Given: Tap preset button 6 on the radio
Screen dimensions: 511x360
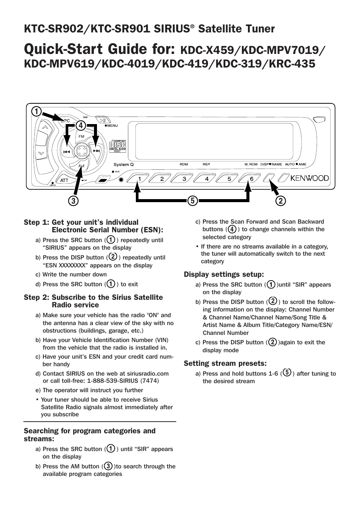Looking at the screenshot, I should click(x=252, y=179).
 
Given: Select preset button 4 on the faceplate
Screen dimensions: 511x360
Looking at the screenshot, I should click(x=207, y=179).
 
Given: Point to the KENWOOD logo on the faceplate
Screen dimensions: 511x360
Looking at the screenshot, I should click(x=309, y=178).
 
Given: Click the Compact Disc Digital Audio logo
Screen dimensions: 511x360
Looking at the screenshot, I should click(x=117, y=146).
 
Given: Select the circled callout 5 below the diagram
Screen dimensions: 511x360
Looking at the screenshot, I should click(x=192, y=201).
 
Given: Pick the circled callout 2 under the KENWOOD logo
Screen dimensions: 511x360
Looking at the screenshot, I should click(x=280, y=201).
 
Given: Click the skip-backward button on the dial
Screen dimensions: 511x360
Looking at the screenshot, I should click(x=67, y=151).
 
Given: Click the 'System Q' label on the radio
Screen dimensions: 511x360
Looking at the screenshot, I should click(x=124, y=164).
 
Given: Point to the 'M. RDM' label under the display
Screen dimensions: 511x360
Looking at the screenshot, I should click(x=251, y=164).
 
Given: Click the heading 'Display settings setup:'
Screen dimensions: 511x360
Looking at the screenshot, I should click(x=224, y=274).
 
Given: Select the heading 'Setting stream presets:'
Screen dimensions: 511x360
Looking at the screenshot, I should click(x=225, y=363).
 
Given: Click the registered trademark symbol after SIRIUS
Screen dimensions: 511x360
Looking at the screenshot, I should click(x=192, y=26).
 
